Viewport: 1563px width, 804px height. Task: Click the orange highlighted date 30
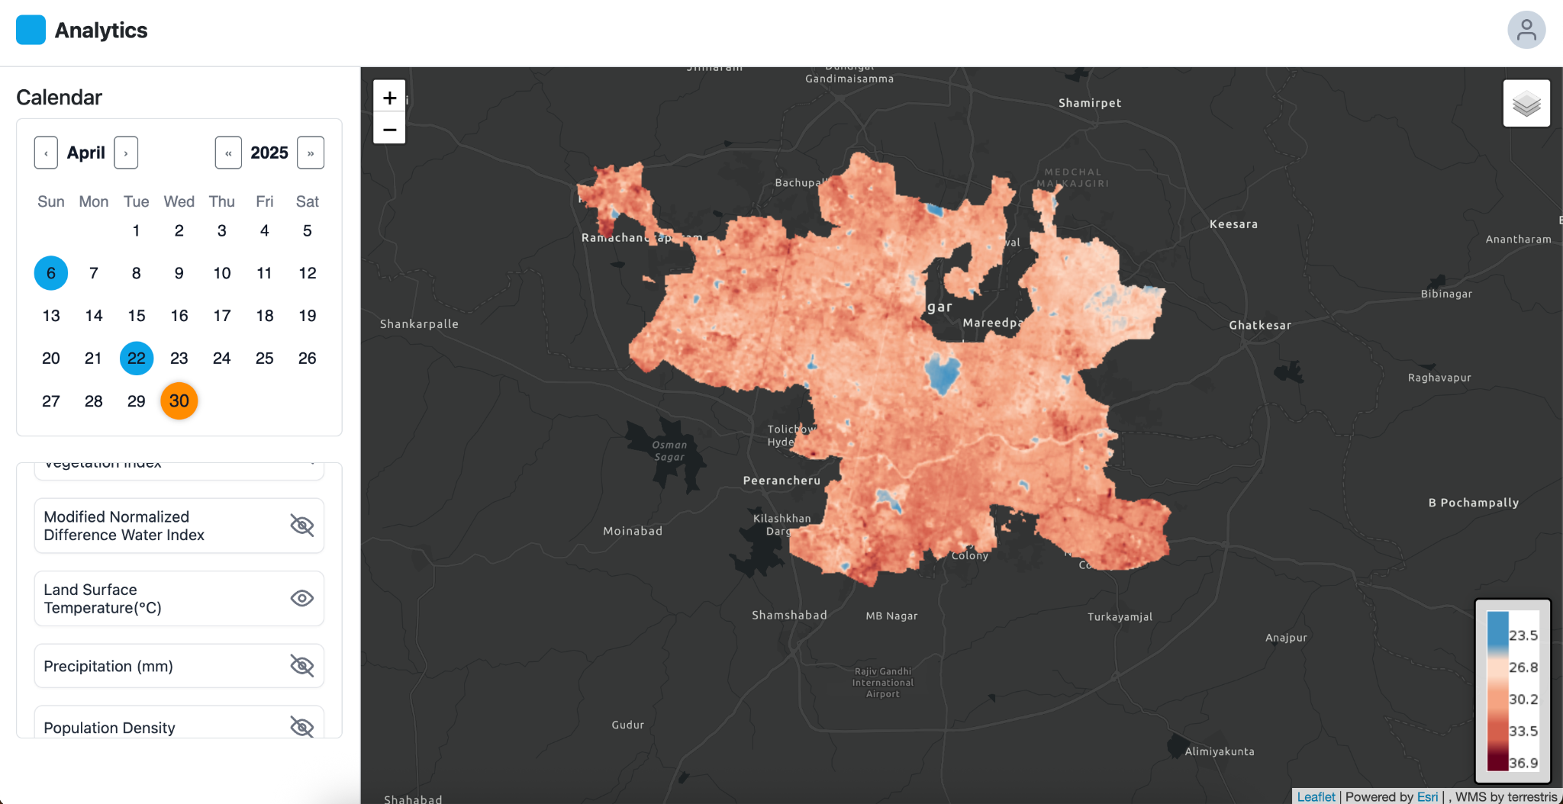pyautogui.click(x=179, y=401)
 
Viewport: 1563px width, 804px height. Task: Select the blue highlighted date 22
pyautogui.click(x=137, y=359)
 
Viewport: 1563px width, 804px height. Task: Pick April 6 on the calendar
pyautogui.click(x=51, y=273)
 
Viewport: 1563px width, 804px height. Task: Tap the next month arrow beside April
pyautogui.click(x=126, y=153)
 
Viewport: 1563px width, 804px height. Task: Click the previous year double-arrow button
pyautogui.click(x=228, y=153)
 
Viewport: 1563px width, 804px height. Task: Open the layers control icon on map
pyautogui.click(x=1526, y=104)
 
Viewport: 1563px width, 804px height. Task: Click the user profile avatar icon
pyautogui.click(x=1526, y=31)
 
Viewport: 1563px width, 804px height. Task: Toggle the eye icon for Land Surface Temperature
pyautogui.click(x=302, y=599)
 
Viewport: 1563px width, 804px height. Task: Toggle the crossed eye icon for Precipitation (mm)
pyautogui.click(x=302, y=666)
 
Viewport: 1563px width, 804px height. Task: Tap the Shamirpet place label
pyautogui.click(x=1090, y=103)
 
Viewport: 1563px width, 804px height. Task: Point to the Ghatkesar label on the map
pyautogui.click(x=1260, y=325)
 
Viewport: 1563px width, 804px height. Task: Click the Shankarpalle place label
pyautogui.click(x=419, y=324)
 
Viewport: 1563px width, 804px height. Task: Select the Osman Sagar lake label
pyautogui.click(x=669, y=451)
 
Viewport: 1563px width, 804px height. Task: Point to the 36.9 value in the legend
pyautogui.click(x=1523, y=763)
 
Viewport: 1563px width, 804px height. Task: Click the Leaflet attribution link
pyautogui.click(x=1316, y=796)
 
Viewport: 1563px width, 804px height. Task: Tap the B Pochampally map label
pyautogui.click(x=1473, y=503)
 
